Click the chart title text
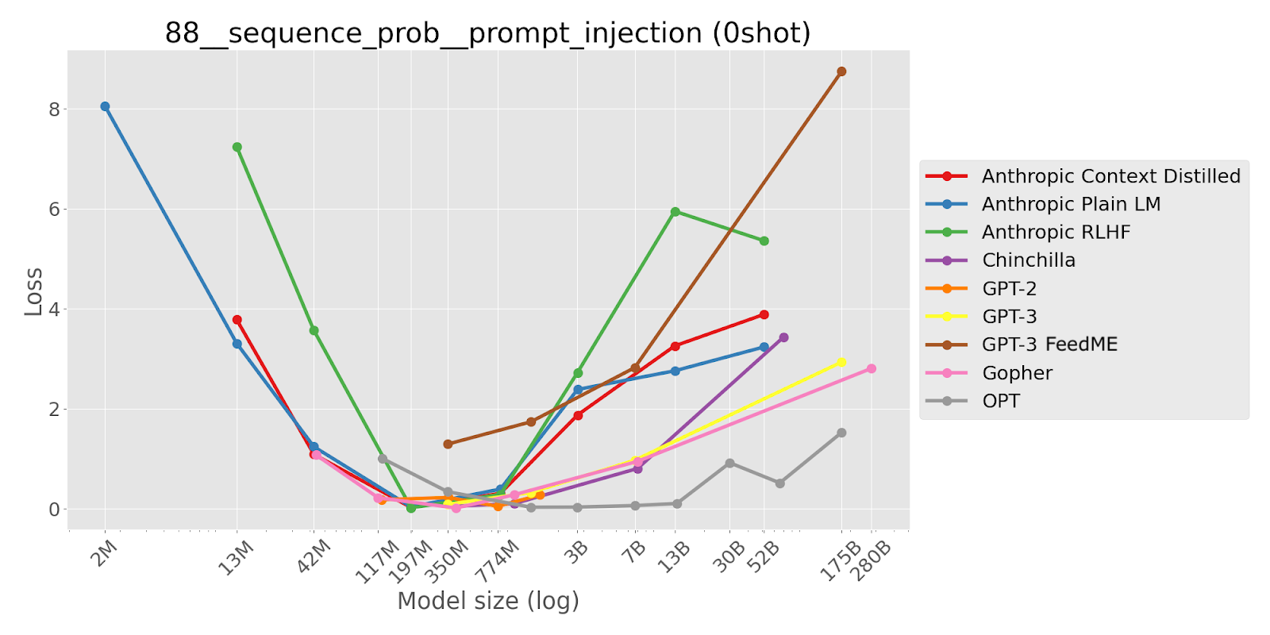487,33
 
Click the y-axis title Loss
33,291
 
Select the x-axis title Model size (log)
487,601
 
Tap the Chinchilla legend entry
1028,260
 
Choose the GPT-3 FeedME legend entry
1049,344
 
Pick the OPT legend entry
1000,401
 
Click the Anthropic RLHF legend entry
1055,232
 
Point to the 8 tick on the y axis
54,109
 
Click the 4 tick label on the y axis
54,309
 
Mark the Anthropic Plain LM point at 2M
105,106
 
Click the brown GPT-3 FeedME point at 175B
841,71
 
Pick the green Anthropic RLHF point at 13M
237,147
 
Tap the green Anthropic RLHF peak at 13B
675,212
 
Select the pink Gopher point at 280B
872,368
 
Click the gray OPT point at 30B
729,463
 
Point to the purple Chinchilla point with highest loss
783,337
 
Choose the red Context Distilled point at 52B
764,314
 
